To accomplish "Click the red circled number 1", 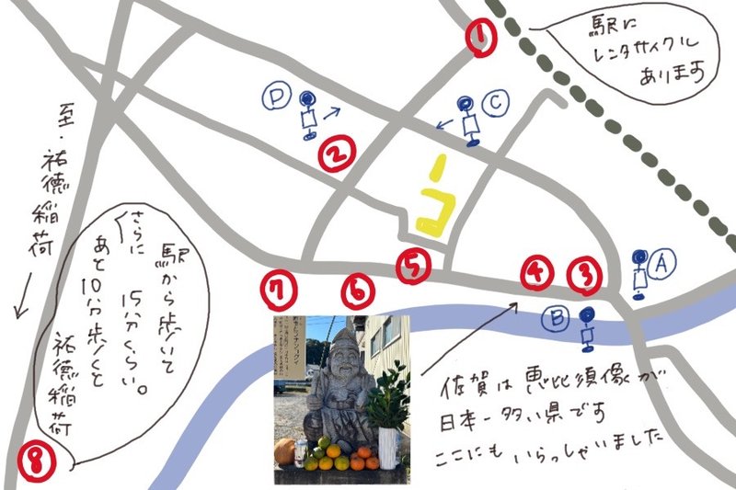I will pyautogui.click(x=481, y=38).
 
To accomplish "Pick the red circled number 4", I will pyautogui.click(x=537, y=271).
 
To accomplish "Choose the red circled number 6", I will pyautogui.click(x=358, y=291).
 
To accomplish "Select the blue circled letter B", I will pyautogui.click(x=557, y=319).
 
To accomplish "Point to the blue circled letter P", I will pyautogui.click(x=275, y=94).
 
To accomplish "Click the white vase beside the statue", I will pyautogui.click(x=388, y=449).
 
